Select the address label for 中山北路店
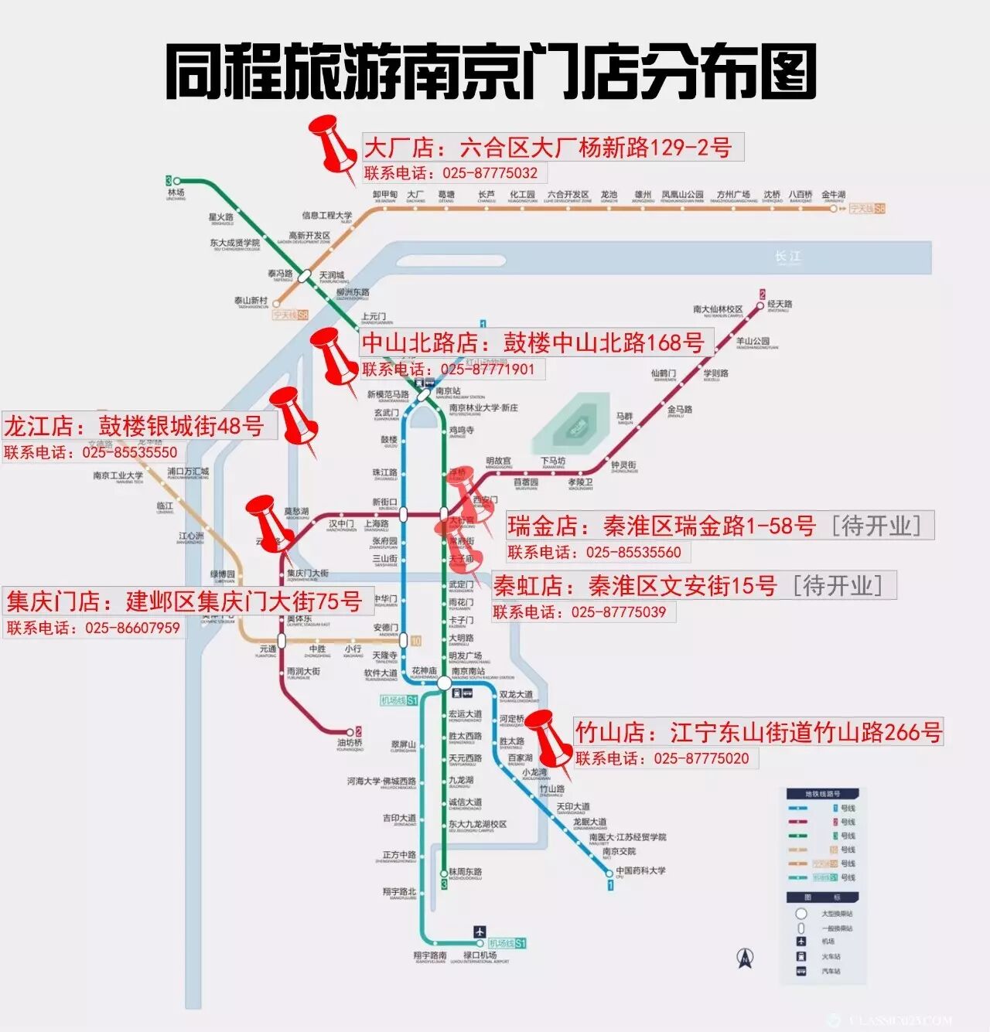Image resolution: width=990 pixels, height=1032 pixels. point(534,342)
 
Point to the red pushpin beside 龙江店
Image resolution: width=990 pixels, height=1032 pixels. point(294,417)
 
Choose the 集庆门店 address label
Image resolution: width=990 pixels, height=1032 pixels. point(184,601)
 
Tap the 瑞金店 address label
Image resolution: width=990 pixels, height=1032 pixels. point(719,526)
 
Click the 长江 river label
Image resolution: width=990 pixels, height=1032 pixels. point(788,257)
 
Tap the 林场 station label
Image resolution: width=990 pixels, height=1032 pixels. point(176,192)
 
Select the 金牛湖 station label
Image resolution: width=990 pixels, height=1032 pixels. point(834,195)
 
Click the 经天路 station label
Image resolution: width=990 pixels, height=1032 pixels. point(780,305)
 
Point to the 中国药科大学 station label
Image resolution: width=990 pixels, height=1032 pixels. point(640,870)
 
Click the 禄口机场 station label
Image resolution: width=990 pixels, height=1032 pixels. point(480,955)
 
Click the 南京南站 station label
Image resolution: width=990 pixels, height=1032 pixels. point(468,671)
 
